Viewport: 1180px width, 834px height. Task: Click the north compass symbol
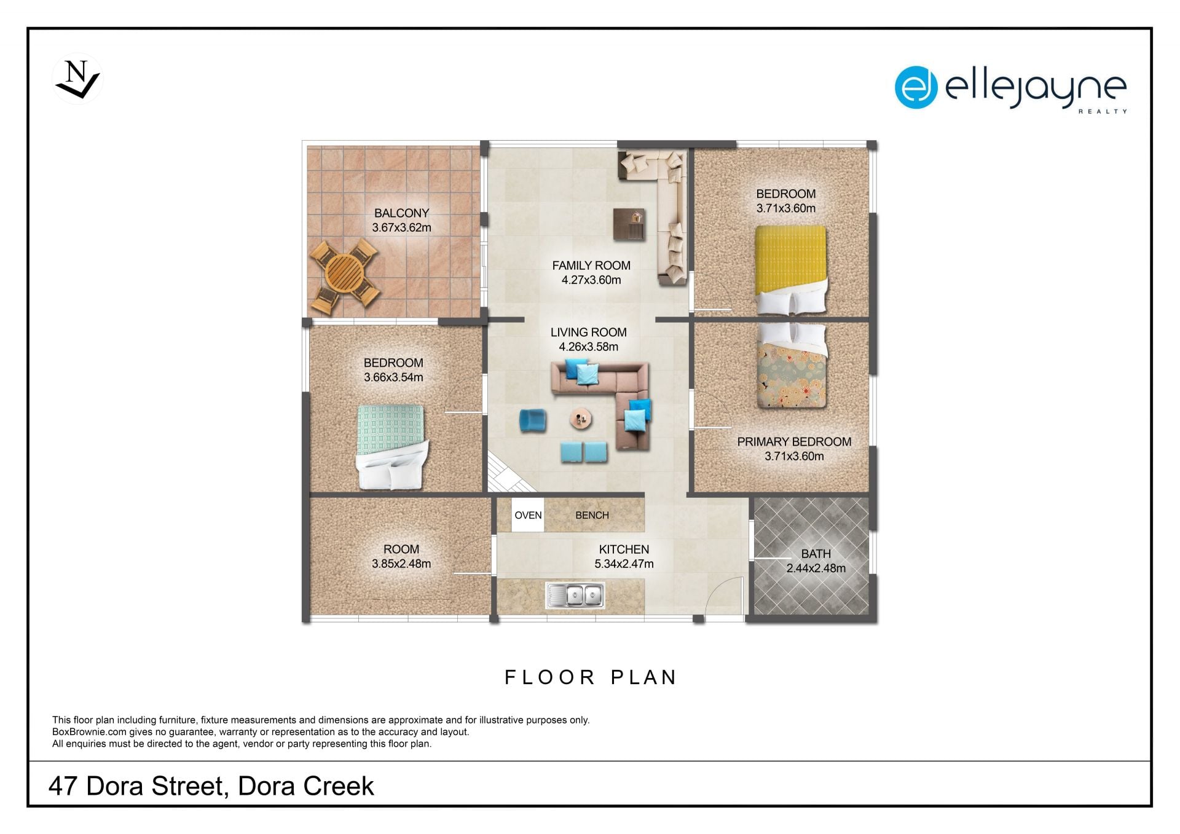(78, 79)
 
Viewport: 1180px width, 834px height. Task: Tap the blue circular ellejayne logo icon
(916, 87)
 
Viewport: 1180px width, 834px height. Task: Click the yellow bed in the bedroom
(790, 270)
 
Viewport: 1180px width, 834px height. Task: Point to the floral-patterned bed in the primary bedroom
(792, 366)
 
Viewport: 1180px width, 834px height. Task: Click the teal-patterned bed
(391, 447)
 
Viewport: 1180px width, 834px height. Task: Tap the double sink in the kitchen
(575, 596)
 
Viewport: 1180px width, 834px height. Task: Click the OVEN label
(528, 515)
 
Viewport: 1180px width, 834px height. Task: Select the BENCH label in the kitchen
(592, 515)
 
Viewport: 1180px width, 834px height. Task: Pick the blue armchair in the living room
(532, 420)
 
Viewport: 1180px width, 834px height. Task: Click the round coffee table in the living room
(581, 419)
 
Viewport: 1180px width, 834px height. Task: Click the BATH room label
(816, 554)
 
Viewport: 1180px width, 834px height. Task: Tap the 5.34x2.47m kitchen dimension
(624, 564)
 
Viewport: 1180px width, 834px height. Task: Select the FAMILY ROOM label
(591, 266)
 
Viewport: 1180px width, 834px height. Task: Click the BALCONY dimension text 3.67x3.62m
(401, 227)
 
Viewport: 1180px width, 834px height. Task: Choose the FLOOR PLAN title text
(591, 677)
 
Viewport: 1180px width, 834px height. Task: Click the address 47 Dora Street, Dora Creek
(211, 786)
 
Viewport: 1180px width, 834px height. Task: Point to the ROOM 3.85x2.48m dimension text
(401, 564)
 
